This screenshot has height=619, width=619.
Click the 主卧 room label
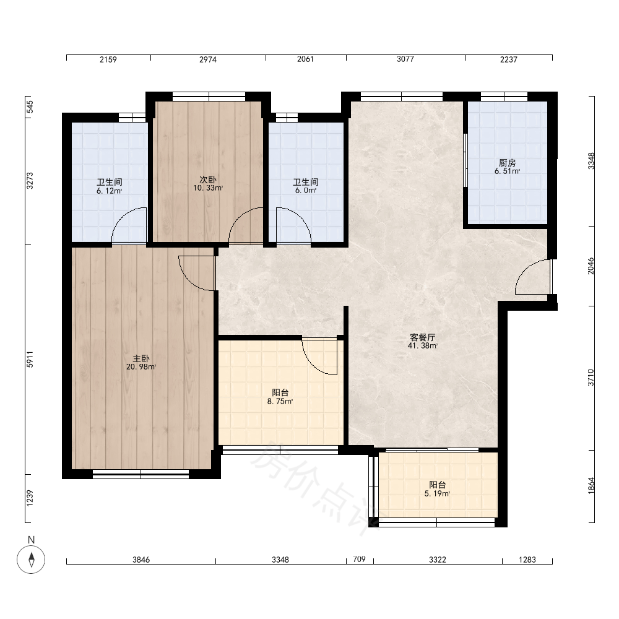tap(141, 358)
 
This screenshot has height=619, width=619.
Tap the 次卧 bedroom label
tap(208, 180)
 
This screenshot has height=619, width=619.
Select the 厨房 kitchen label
tap(508, 163)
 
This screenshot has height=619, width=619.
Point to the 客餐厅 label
tap(422, 337)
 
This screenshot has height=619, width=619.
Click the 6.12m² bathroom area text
tap(110, 191)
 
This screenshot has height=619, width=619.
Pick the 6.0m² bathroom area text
tap(306, 190)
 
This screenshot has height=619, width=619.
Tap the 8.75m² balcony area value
tap(280, 402)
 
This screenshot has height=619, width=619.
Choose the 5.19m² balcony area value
tap(438, 493)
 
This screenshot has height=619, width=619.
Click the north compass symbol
tap(31, 560)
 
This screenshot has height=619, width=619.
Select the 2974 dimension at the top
tap(207, 59)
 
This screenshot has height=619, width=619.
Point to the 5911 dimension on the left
tap(30, 359)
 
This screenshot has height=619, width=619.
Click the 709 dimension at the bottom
tap(359, 559)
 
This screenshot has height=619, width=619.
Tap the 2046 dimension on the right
tap(591, 266)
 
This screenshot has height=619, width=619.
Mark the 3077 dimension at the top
tap(405, 59)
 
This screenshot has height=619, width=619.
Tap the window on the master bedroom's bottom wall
tap(141, 474)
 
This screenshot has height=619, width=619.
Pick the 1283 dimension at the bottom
tap(527, 560)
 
